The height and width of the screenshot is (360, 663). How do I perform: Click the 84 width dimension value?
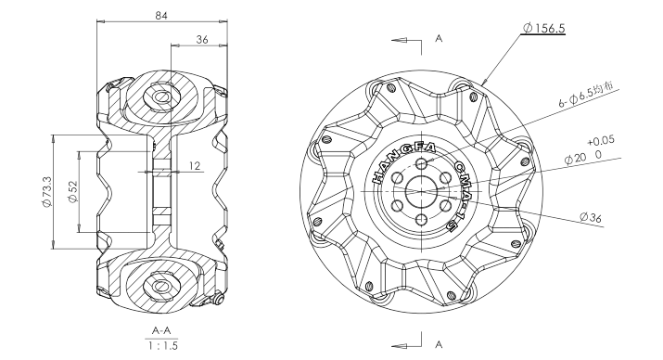(161, 16)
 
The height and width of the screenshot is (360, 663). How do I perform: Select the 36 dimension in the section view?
(202, 39)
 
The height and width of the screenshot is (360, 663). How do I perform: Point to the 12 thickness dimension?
(195, 165)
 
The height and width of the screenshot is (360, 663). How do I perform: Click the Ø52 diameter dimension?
(72, 192)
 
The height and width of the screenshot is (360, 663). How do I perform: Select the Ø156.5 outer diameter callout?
(543, 29)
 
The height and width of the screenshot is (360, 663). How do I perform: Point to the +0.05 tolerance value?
(601, 141)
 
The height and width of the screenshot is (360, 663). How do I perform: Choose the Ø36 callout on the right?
(591, 217)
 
